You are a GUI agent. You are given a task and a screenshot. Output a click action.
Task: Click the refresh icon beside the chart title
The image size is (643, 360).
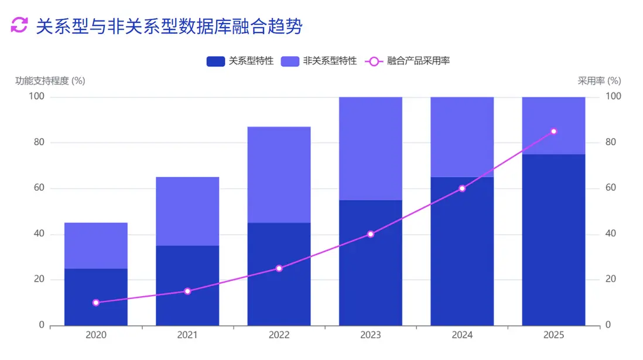pos(19,25)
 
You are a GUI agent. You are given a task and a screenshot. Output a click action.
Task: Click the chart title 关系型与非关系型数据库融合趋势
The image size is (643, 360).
pos(169,26)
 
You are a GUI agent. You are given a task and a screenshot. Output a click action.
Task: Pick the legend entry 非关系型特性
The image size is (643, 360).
pos(319,61)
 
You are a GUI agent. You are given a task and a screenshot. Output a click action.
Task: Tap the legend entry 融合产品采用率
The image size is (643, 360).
pos(408,61)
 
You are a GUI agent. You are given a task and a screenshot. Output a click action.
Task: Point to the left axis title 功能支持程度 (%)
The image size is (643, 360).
pos(50,81)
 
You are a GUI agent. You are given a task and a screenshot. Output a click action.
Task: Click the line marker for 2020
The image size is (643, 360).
pos(96,303)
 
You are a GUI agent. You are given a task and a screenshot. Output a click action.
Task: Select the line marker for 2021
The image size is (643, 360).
pos(187,291)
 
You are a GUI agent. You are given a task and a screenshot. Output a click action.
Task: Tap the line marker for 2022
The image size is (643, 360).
pos(279,268)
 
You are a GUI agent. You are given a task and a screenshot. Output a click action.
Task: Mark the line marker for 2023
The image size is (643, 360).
pos(371,234)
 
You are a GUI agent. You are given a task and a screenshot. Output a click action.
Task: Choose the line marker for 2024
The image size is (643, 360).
pos(462,188)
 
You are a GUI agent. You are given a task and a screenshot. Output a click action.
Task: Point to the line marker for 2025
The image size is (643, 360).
pos(553,131)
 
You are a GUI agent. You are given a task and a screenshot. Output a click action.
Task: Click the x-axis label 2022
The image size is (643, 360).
pos(279,335)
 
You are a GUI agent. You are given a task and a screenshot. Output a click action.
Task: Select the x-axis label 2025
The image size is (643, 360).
pos(553,335)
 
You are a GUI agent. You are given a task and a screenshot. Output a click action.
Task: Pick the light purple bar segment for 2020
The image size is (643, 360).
pos(96,245)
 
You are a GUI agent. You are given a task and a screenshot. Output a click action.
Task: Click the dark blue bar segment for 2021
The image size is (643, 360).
pos(187,285)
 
